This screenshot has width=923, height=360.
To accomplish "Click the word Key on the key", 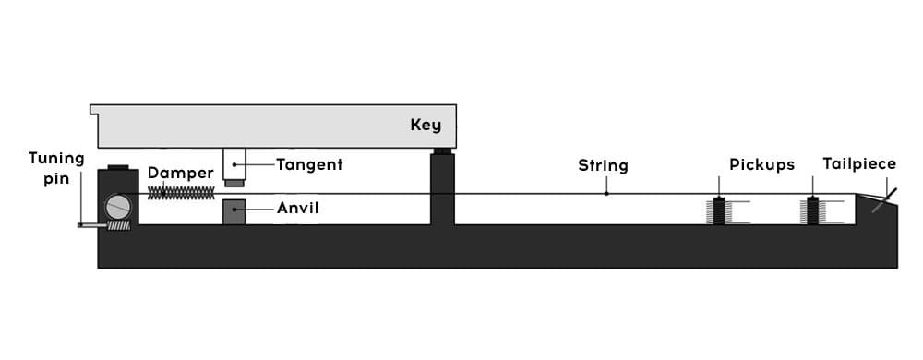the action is pos(425,126).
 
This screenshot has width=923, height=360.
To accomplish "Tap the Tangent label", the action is pos(309,164).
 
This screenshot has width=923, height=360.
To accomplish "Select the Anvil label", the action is pos(298,208).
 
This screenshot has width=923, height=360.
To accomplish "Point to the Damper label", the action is pos(180,173).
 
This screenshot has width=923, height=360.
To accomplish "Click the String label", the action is pos(603,165).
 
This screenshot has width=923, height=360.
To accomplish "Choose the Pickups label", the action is pos(761,164).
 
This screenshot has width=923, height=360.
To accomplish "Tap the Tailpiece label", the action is pos(859,163).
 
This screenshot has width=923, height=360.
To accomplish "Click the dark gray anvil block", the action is pos(234,211).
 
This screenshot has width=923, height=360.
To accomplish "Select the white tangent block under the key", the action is pos(234,164).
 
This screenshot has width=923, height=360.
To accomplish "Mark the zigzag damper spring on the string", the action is pos(181,193).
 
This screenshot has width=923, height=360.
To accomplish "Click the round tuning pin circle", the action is pos(118,207).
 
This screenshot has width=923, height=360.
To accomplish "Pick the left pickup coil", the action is pos(719,210).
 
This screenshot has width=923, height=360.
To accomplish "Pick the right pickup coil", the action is pos(812,210).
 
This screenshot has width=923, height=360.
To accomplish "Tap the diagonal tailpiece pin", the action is pos(885,200).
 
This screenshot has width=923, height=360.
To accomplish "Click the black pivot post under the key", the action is pos(442,187).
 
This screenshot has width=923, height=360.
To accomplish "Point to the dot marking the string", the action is pos(606,193).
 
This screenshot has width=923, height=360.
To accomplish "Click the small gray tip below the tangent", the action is pos(234,184).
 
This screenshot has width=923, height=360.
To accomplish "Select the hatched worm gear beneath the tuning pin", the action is pos(118,224).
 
